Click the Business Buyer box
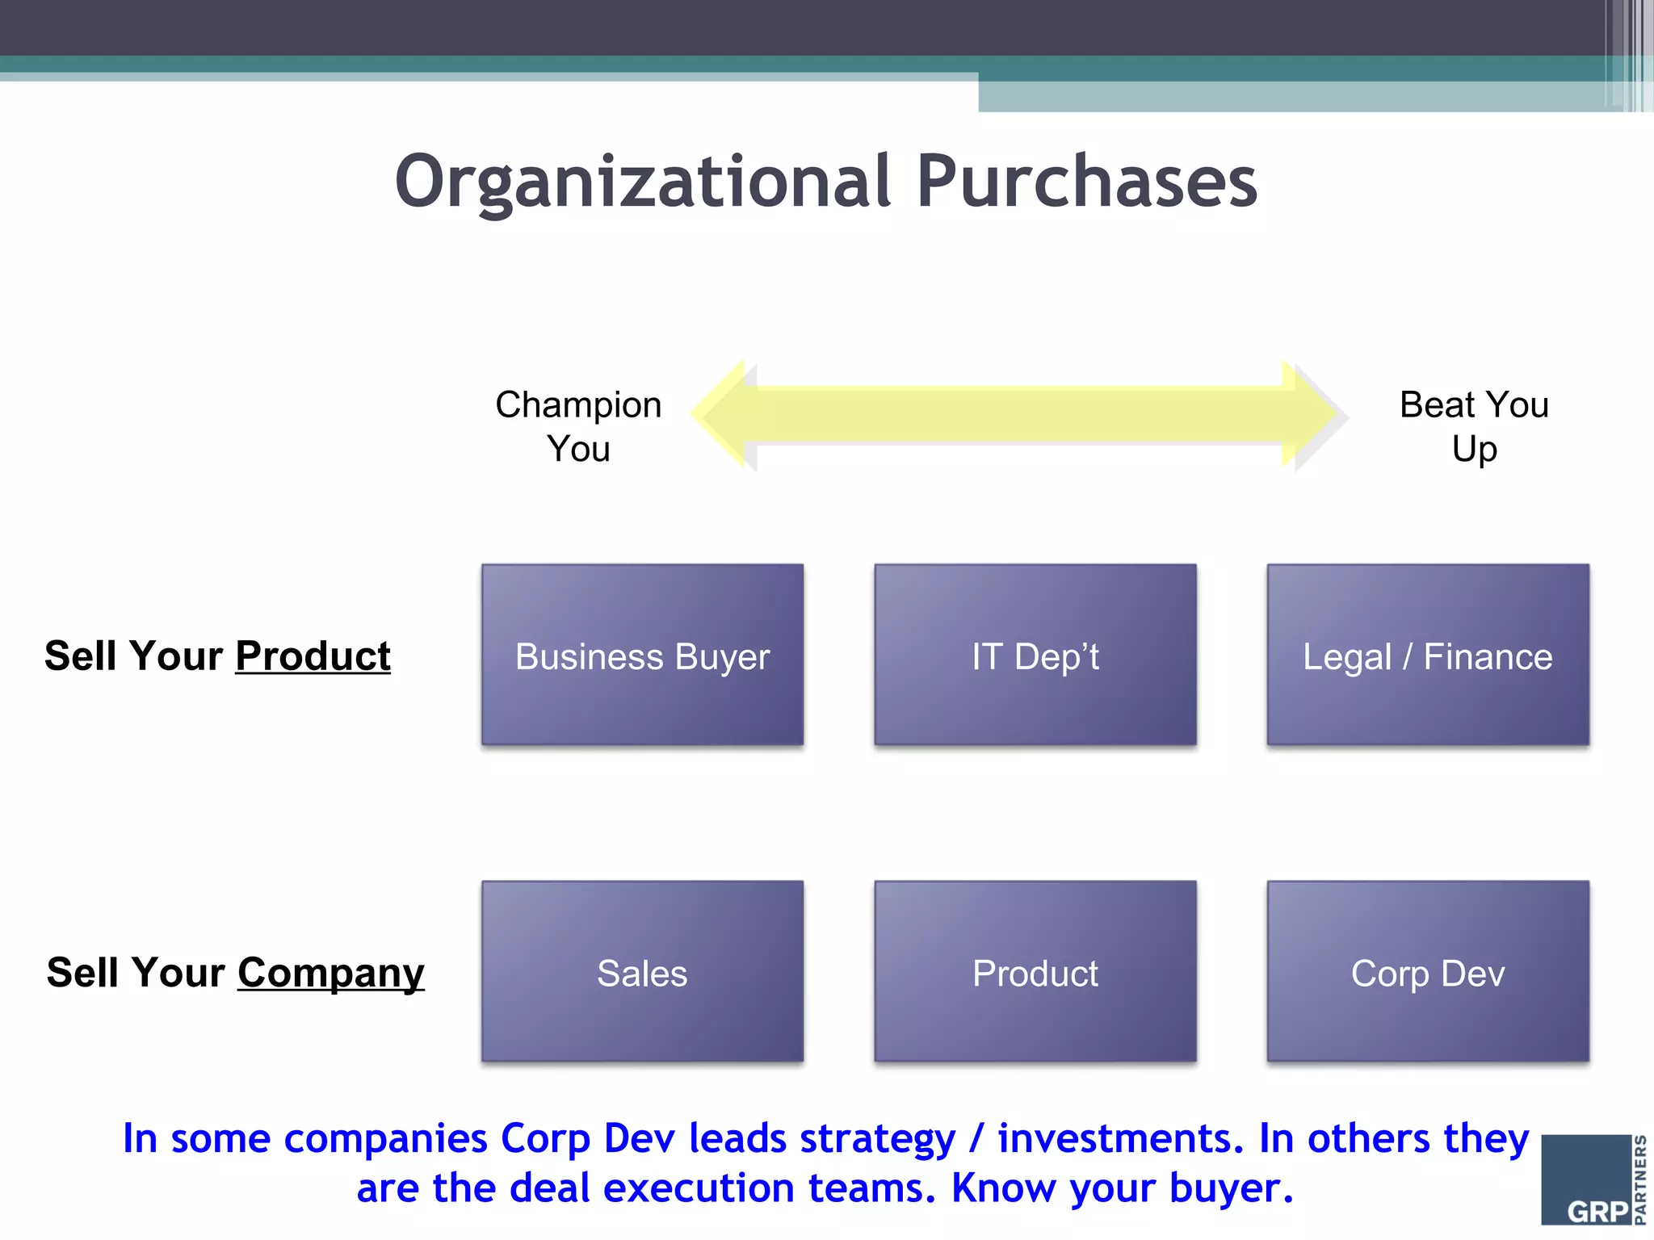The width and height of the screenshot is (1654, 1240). point(642,655)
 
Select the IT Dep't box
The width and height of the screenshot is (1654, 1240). point(1035,655)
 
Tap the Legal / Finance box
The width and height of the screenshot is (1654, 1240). point(1427,655)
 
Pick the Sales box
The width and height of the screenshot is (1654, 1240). point(642,971)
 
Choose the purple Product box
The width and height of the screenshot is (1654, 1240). point(1035,971)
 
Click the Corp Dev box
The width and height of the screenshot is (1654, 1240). point(1427,971)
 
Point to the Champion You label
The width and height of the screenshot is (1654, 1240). point(578,426)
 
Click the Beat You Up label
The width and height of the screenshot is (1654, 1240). point(1474,426)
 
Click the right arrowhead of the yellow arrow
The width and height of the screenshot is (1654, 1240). point(1315,415)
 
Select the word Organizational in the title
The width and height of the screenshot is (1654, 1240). point(642,182)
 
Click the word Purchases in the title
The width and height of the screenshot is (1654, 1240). point(1086,182)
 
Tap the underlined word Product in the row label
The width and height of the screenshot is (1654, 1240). point(313,656)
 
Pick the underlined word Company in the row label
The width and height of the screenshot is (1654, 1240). point(330,973)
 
